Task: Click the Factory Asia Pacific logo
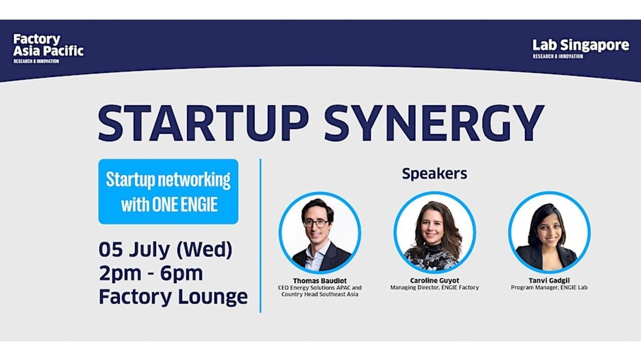(48, 49)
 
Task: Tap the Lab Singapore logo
(581, 49)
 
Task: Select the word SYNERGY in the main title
(434, 123)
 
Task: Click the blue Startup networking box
(168, 192)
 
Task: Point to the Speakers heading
(434, 173)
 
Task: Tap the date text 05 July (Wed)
(166, 250)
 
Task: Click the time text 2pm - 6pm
(151, 273)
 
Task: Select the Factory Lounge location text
(173, 297)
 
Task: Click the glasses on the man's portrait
(316, 223)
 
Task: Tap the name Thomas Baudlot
(319, 281)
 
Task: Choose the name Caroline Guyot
(434, 280)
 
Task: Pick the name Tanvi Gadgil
(549, 280)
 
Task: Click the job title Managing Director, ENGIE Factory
(434, 287)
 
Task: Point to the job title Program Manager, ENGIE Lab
(549, 287)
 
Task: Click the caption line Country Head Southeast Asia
(319, 294)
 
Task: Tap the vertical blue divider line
(260, 236)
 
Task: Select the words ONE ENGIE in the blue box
(185, 205)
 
